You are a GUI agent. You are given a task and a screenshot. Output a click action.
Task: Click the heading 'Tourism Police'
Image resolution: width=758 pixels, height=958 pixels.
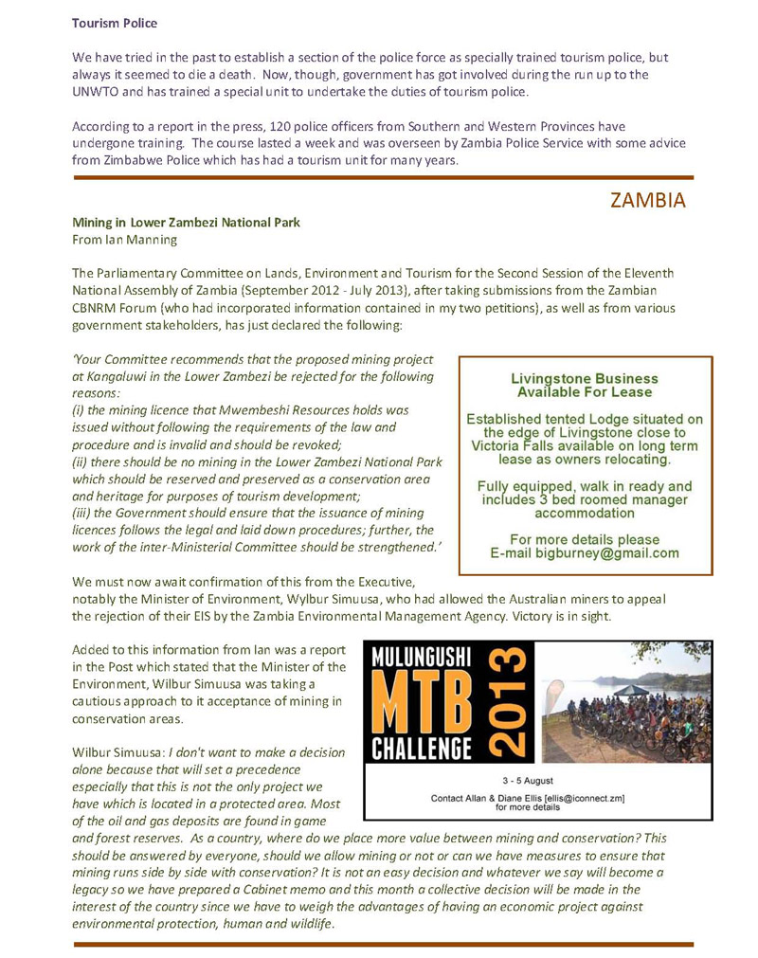point(115,22)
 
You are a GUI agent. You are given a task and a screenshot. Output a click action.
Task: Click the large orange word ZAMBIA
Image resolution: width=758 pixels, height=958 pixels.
point(648,201)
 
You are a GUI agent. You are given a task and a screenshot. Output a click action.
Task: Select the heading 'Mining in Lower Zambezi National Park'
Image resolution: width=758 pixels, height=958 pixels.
point(186,223)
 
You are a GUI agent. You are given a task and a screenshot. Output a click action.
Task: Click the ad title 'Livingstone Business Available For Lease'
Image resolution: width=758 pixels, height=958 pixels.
point(584,385)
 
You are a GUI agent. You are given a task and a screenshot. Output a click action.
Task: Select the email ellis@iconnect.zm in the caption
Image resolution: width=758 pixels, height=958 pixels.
point(570,798)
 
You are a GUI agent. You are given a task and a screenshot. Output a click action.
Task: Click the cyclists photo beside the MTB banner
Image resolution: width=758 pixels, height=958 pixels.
point(625,702)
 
